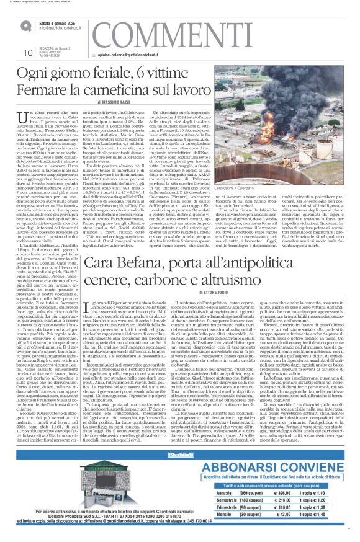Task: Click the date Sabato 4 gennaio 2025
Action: pyautogui.click(x=63, y=22)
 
